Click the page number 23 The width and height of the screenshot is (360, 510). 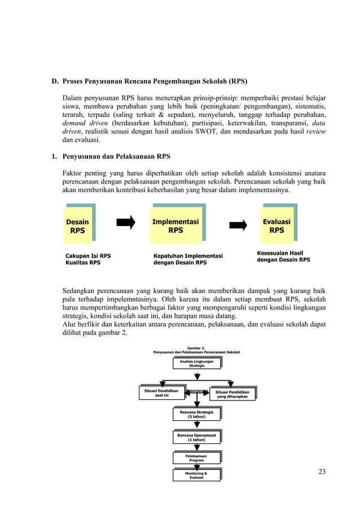point(322,472)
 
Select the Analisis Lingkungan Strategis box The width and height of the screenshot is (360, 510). point(196,363)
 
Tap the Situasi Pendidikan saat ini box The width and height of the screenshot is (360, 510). point(161,393)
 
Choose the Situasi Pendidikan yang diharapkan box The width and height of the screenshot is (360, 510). point(232,393)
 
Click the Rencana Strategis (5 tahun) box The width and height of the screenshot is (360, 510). point(196,415)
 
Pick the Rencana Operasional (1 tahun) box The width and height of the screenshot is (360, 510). point(196,437)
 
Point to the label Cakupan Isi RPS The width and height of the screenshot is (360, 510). point(88,256)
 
